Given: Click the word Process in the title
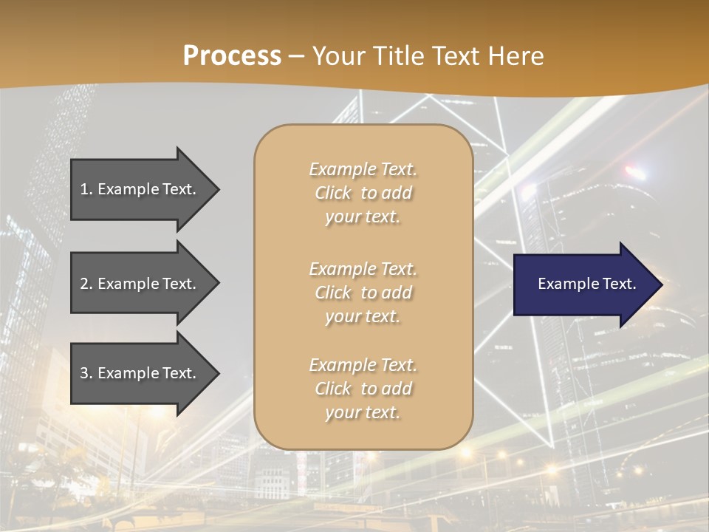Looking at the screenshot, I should click(232, 55).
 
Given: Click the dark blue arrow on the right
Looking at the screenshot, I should click(583, 284).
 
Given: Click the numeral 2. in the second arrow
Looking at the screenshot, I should click(86, 284).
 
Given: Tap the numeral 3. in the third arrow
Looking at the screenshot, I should click(86, 373).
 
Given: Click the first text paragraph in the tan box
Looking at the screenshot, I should click(363, 193).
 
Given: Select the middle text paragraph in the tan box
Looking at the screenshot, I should click(363, 293).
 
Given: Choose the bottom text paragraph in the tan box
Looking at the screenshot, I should click(363, 389).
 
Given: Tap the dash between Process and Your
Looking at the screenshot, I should click(296, 56).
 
